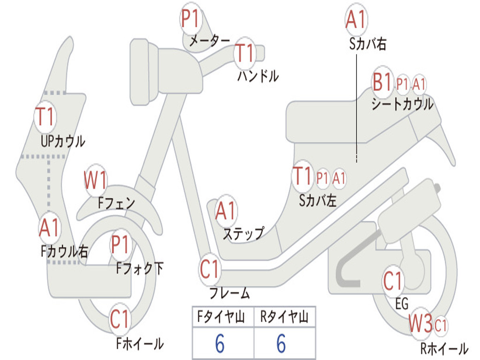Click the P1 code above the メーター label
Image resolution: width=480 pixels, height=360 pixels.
(191, 18)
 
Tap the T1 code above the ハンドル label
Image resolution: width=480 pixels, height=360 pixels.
(245, 53)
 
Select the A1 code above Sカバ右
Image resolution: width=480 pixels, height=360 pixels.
(356, 19)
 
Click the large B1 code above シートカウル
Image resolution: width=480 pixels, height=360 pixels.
(382, 82)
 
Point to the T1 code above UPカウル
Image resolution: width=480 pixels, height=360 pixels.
(45, 117)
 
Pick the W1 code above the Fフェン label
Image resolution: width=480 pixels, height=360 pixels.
(95, 180)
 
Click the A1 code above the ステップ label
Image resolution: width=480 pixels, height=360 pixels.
(225, 210)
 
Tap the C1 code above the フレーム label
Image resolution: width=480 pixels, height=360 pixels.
(210, 269)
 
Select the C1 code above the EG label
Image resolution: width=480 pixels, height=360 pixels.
(392, 281)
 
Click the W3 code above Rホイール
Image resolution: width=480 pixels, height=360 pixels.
(420, 323)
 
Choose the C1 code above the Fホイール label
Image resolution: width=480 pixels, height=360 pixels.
(120, 319)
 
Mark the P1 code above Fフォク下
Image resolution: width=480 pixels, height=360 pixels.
(120, 244)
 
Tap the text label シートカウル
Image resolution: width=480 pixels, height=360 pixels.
(402, 104)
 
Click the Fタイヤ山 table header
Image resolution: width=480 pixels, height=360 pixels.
(221, 316)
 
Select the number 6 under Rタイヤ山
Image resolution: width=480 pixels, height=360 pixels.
(281, 344)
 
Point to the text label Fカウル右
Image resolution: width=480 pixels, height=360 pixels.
(64, 251)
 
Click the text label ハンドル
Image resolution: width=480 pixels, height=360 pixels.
(258, 76)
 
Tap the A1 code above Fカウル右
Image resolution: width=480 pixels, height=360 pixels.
(49, 228)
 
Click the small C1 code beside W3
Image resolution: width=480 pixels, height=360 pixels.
(441, 325)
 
